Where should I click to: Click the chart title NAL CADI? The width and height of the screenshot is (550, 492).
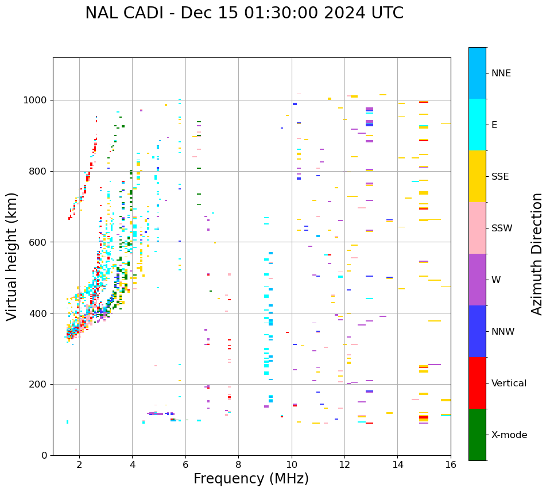(244, 13)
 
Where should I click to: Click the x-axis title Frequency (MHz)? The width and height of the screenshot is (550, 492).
(251, 479)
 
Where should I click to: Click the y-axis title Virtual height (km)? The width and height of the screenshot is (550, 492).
(12, 256)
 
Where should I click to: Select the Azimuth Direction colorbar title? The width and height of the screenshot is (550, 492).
(537, 253)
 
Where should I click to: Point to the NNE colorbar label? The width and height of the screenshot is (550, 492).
(501, 73)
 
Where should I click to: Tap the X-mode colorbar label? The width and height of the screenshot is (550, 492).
(509, 435)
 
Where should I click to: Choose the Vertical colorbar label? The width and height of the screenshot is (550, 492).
(509, 383)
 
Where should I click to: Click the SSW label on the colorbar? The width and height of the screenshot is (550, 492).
(502, 228)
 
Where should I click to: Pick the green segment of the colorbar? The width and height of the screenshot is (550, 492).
(477, 435)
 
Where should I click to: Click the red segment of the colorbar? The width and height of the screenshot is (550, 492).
(477, 383)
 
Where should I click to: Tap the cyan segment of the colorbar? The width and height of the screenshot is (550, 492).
(477, 125)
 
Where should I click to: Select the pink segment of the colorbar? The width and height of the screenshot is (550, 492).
(477, 228)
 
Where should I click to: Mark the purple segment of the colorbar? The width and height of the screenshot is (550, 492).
(477, 280)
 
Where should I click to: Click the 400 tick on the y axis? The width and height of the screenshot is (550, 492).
(40, 313)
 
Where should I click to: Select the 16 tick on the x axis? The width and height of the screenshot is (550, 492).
(451, 464)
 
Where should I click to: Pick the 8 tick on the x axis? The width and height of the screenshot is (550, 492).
(238, 464)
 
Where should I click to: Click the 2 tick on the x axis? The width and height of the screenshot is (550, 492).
(79, 464)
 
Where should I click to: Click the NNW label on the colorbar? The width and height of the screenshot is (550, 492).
(503, 332)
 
